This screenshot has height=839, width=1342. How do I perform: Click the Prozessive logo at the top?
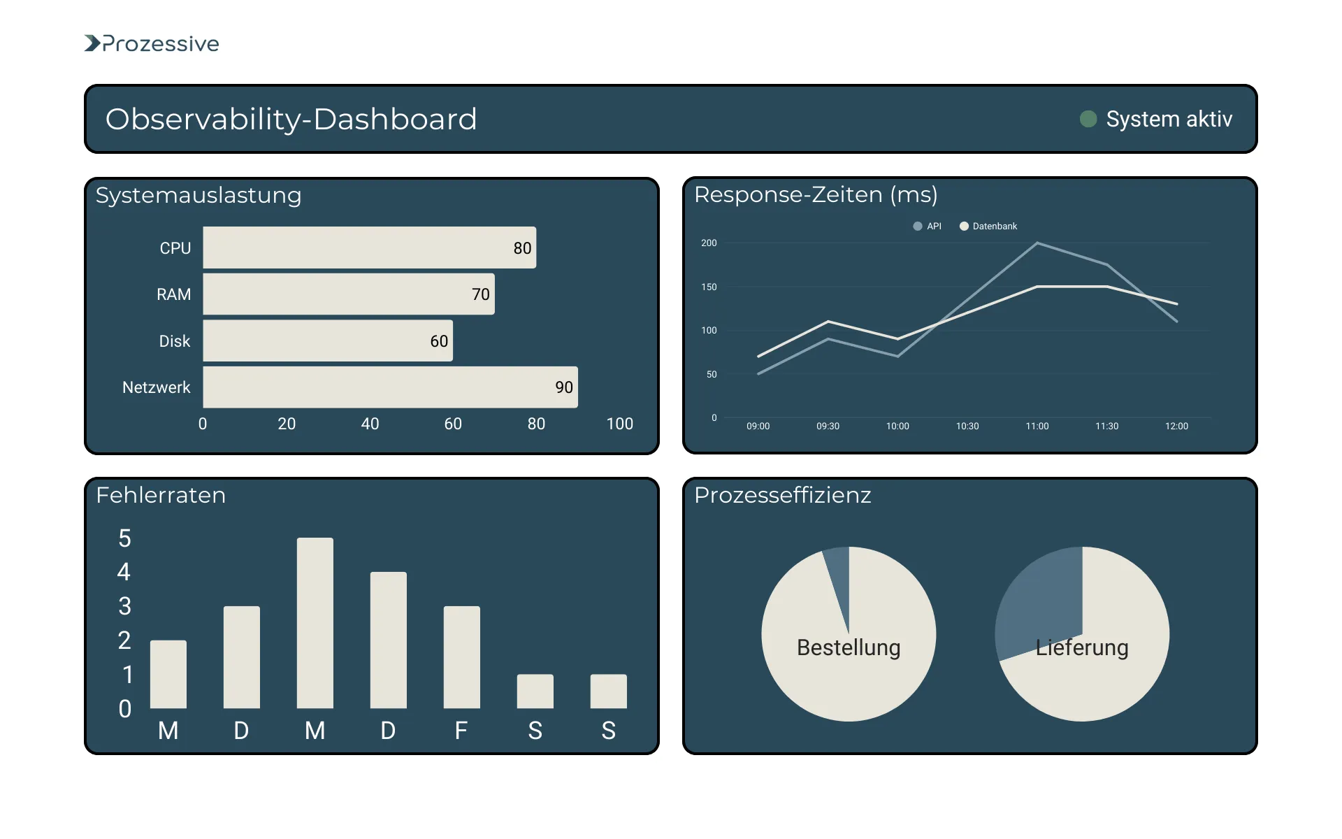click(x=152, y=43)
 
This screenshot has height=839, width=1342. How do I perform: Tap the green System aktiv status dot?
click(x=1088, y=119)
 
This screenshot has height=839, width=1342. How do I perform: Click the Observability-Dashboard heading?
click(x=291, y=119)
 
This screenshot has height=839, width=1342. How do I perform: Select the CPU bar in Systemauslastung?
click(x=369, y=248)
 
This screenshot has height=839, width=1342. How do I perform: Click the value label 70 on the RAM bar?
click(x=480, y=294)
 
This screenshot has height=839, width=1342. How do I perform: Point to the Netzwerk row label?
click(x=156, y=387)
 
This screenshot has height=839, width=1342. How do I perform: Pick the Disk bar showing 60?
click(x=327, y=340)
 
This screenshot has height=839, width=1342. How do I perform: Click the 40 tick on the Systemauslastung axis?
click(x=370, y=424)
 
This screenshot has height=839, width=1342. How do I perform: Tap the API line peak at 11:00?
click(x=1037, y=243)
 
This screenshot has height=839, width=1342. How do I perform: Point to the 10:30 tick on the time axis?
click(x=967, y=426)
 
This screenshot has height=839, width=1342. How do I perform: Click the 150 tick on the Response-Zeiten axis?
click(x=709, y=287)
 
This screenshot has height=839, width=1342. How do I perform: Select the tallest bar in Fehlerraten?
click(x=315, y=622)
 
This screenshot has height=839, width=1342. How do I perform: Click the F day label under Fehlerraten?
click(x=461, y=731)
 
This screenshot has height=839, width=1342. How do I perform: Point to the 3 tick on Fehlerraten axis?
click(x=124, y=606)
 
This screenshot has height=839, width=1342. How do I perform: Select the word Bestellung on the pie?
click(x=848, y=647)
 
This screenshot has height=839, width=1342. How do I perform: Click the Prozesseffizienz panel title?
click(x=782, y=495)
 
